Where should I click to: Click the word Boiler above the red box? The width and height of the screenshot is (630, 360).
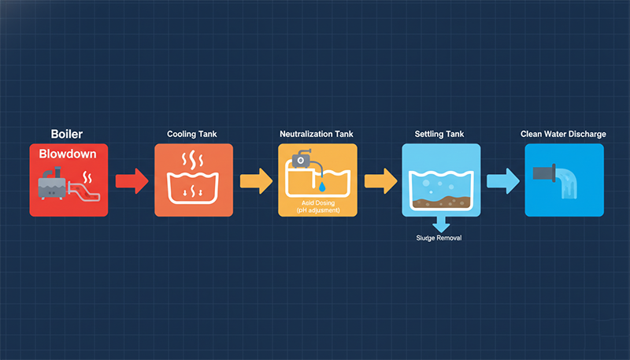pos(67,135)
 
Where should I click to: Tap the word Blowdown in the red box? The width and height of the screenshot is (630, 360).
pos(68,154)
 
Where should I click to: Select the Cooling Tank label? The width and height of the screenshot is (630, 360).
pos(193,135)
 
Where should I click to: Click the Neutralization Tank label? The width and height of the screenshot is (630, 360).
pos(317,135)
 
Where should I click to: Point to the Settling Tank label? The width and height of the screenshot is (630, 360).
pos(439,135)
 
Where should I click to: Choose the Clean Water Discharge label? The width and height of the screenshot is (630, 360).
pos(563,135)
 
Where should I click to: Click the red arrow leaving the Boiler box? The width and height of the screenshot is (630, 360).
pos(131,181)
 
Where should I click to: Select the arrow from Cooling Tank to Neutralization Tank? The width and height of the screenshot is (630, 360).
pos(255,181)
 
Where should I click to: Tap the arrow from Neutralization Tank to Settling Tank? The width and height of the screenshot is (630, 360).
pos(380,181)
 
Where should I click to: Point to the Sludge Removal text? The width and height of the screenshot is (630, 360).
pos(439,238)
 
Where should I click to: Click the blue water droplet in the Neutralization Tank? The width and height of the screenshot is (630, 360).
pos(321,187)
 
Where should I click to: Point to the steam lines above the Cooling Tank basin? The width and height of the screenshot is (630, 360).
pos(193,161)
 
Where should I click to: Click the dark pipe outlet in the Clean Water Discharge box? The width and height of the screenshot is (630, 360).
pos(544,173)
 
